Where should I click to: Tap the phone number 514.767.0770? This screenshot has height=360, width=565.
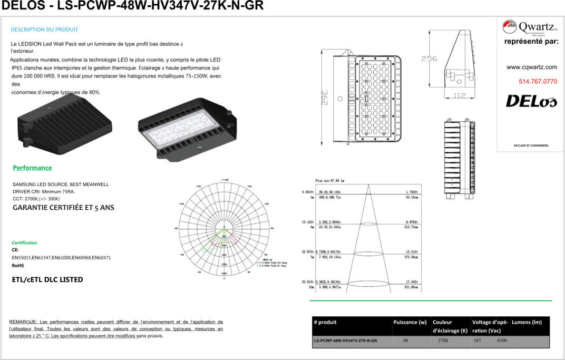[538, 81]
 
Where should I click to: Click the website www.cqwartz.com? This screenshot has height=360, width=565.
[531, 67]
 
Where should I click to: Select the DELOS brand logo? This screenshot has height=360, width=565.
[531, 101]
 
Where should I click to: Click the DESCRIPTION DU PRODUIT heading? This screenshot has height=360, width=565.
[44, 30]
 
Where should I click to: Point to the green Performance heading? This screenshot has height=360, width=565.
[32, 168]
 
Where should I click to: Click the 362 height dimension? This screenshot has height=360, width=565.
[326, 98]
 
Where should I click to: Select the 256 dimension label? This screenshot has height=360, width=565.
[429, 59]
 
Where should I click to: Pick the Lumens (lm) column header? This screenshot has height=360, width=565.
[527, 322]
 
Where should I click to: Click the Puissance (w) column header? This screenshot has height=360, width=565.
[410, 322]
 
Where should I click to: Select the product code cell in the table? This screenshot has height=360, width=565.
[345, 341]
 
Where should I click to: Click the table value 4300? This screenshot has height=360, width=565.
[502, 340]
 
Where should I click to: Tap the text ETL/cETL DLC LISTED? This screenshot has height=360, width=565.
[47, 279]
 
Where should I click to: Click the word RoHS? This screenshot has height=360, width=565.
[18, 266]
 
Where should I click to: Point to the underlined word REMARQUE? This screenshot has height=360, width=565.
[23, 322]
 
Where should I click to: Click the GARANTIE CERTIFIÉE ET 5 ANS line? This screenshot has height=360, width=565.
[63, 208]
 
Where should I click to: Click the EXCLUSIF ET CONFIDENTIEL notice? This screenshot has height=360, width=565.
[531, 145]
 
